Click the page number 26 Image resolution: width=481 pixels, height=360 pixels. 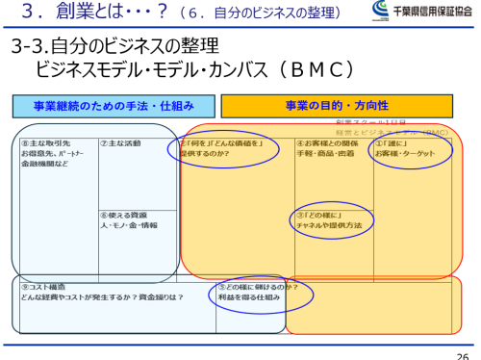point(463,352)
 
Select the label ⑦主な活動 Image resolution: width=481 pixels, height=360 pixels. point(120,143)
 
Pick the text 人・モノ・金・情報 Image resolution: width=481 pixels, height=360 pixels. point(128,225)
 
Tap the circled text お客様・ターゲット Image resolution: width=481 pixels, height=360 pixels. point(405,153)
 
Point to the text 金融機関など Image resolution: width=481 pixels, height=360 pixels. point(42,164)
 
